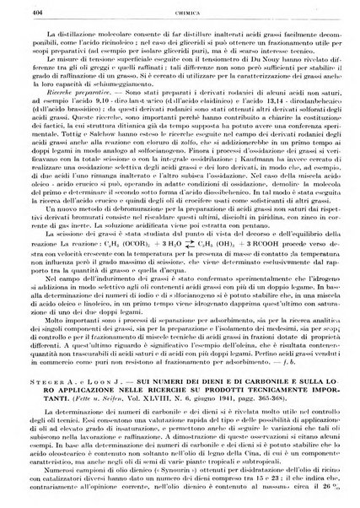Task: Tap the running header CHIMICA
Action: [181, 10]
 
